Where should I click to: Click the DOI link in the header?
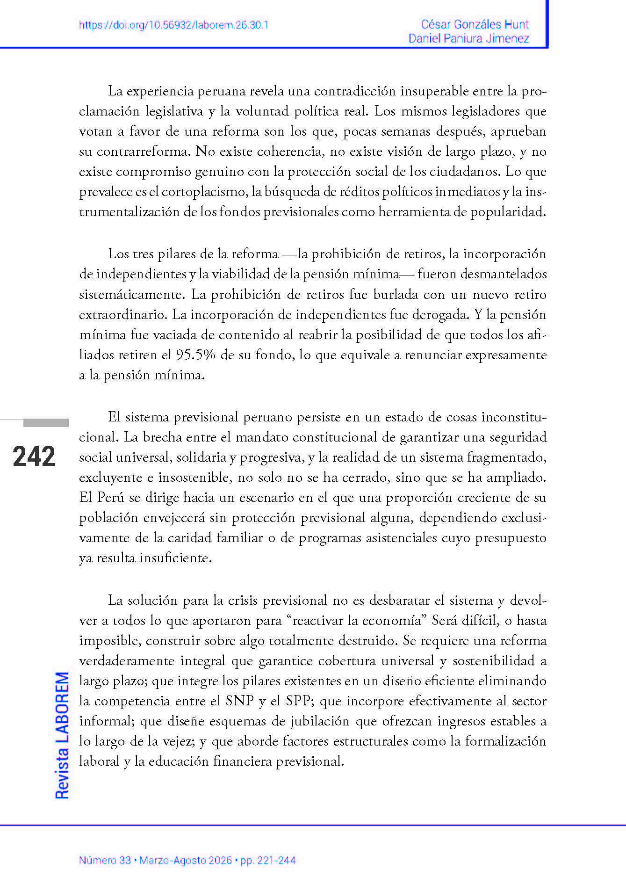(x=173, y=25)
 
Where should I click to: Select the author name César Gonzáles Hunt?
(x=475, y=24)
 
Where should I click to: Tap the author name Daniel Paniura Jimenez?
(x=468, y=38)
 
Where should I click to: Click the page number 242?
(x=34, y=456)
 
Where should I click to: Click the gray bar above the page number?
(x=46, y=423)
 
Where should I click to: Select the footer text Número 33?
(x=105, y=860)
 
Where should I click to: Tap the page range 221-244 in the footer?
(x=278, y=860)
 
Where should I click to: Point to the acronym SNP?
(x=239, y=701)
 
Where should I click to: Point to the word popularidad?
(x=508, y=212)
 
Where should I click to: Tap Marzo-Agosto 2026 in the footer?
(x=186, y=860)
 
